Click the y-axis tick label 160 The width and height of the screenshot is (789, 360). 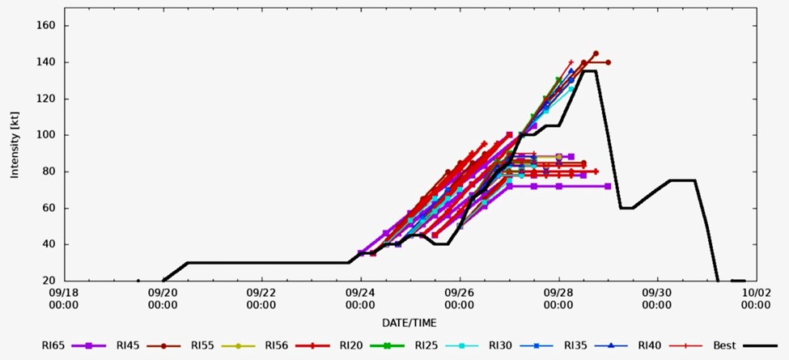(x=45, y=26)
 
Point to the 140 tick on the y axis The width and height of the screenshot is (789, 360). (x=45, y=62)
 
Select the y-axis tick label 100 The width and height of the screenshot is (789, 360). (x=45, y=135)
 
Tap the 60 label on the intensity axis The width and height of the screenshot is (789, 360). (x=48, y=208)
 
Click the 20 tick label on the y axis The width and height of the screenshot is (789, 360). (x=48, y=281)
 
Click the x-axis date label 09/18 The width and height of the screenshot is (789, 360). (x=63, y=293)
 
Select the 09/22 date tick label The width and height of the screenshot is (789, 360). (x=261, y=293)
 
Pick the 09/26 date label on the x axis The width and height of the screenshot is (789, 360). (x=460, y=293)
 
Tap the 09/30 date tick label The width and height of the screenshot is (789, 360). (x=657, y=293)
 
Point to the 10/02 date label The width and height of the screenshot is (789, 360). (x=756, y=293)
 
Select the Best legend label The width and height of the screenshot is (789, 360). (x=724, y=345)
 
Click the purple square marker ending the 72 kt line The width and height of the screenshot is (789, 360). (x=608, y=186)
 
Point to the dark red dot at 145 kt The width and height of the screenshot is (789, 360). (x=596, y=53)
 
